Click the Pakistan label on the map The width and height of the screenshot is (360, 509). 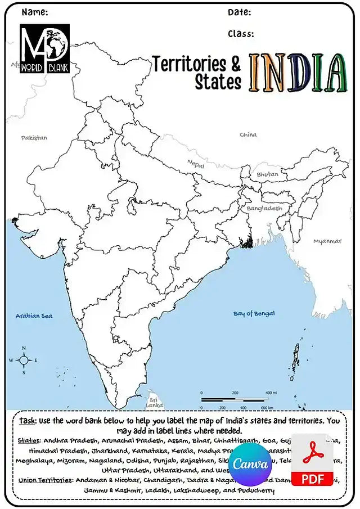tap(34, 138)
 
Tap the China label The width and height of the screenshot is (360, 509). tap(248, 135)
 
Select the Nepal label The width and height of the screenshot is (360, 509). tap(196, 164)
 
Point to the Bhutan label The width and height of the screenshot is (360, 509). tap(267, 174)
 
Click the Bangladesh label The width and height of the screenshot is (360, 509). tap(264, 208)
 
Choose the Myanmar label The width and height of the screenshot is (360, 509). tap(327, 241)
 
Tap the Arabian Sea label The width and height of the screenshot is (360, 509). tap(34, 316)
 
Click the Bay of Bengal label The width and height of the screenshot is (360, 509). tap(254, 313)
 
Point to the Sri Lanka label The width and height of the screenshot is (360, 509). tap(154, 403)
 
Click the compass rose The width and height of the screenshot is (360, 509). tap(24, 360)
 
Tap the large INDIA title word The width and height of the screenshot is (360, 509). tap(298, 74)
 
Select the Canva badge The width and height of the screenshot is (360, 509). tap(250, 464)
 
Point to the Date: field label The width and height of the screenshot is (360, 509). tap(239, 12)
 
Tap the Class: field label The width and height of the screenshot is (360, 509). tap(241, 34)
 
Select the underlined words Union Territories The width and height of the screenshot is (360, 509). tap(45, 480)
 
